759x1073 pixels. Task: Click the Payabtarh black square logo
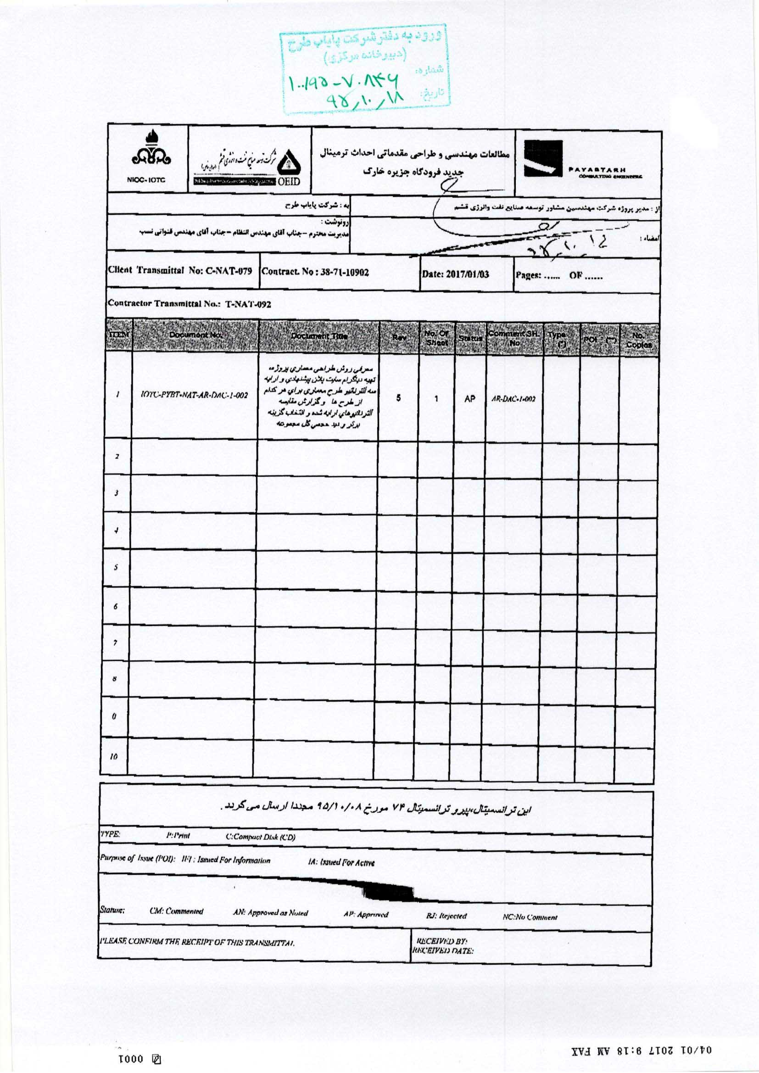[542, 159]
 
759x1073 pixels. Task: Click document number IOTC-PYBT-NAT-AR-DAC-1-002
[194, 395]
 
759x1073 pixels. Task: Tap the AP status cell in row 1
[470, 399]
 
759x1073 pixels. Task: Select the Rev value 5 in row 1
[398, 398]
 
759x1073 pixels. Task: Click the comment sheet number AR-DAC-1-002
[513, 399]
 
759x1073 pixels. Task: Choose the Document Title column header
[319, 336]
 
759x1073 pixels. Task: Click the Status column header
[470, 337]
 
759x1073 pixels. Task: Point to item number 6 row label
[116, 607]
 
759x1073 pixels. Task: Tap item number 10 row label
[113, 757]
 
